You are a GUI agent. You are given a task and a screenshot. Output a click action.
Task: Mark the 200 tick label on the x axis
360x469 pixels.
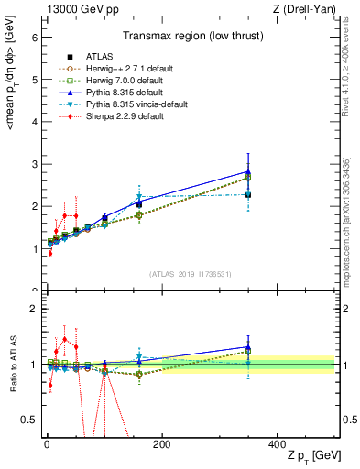click(161, 444)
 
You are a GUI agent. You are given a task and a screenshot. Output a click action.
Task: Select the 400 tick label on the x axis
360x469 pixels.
click(277, 444)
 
